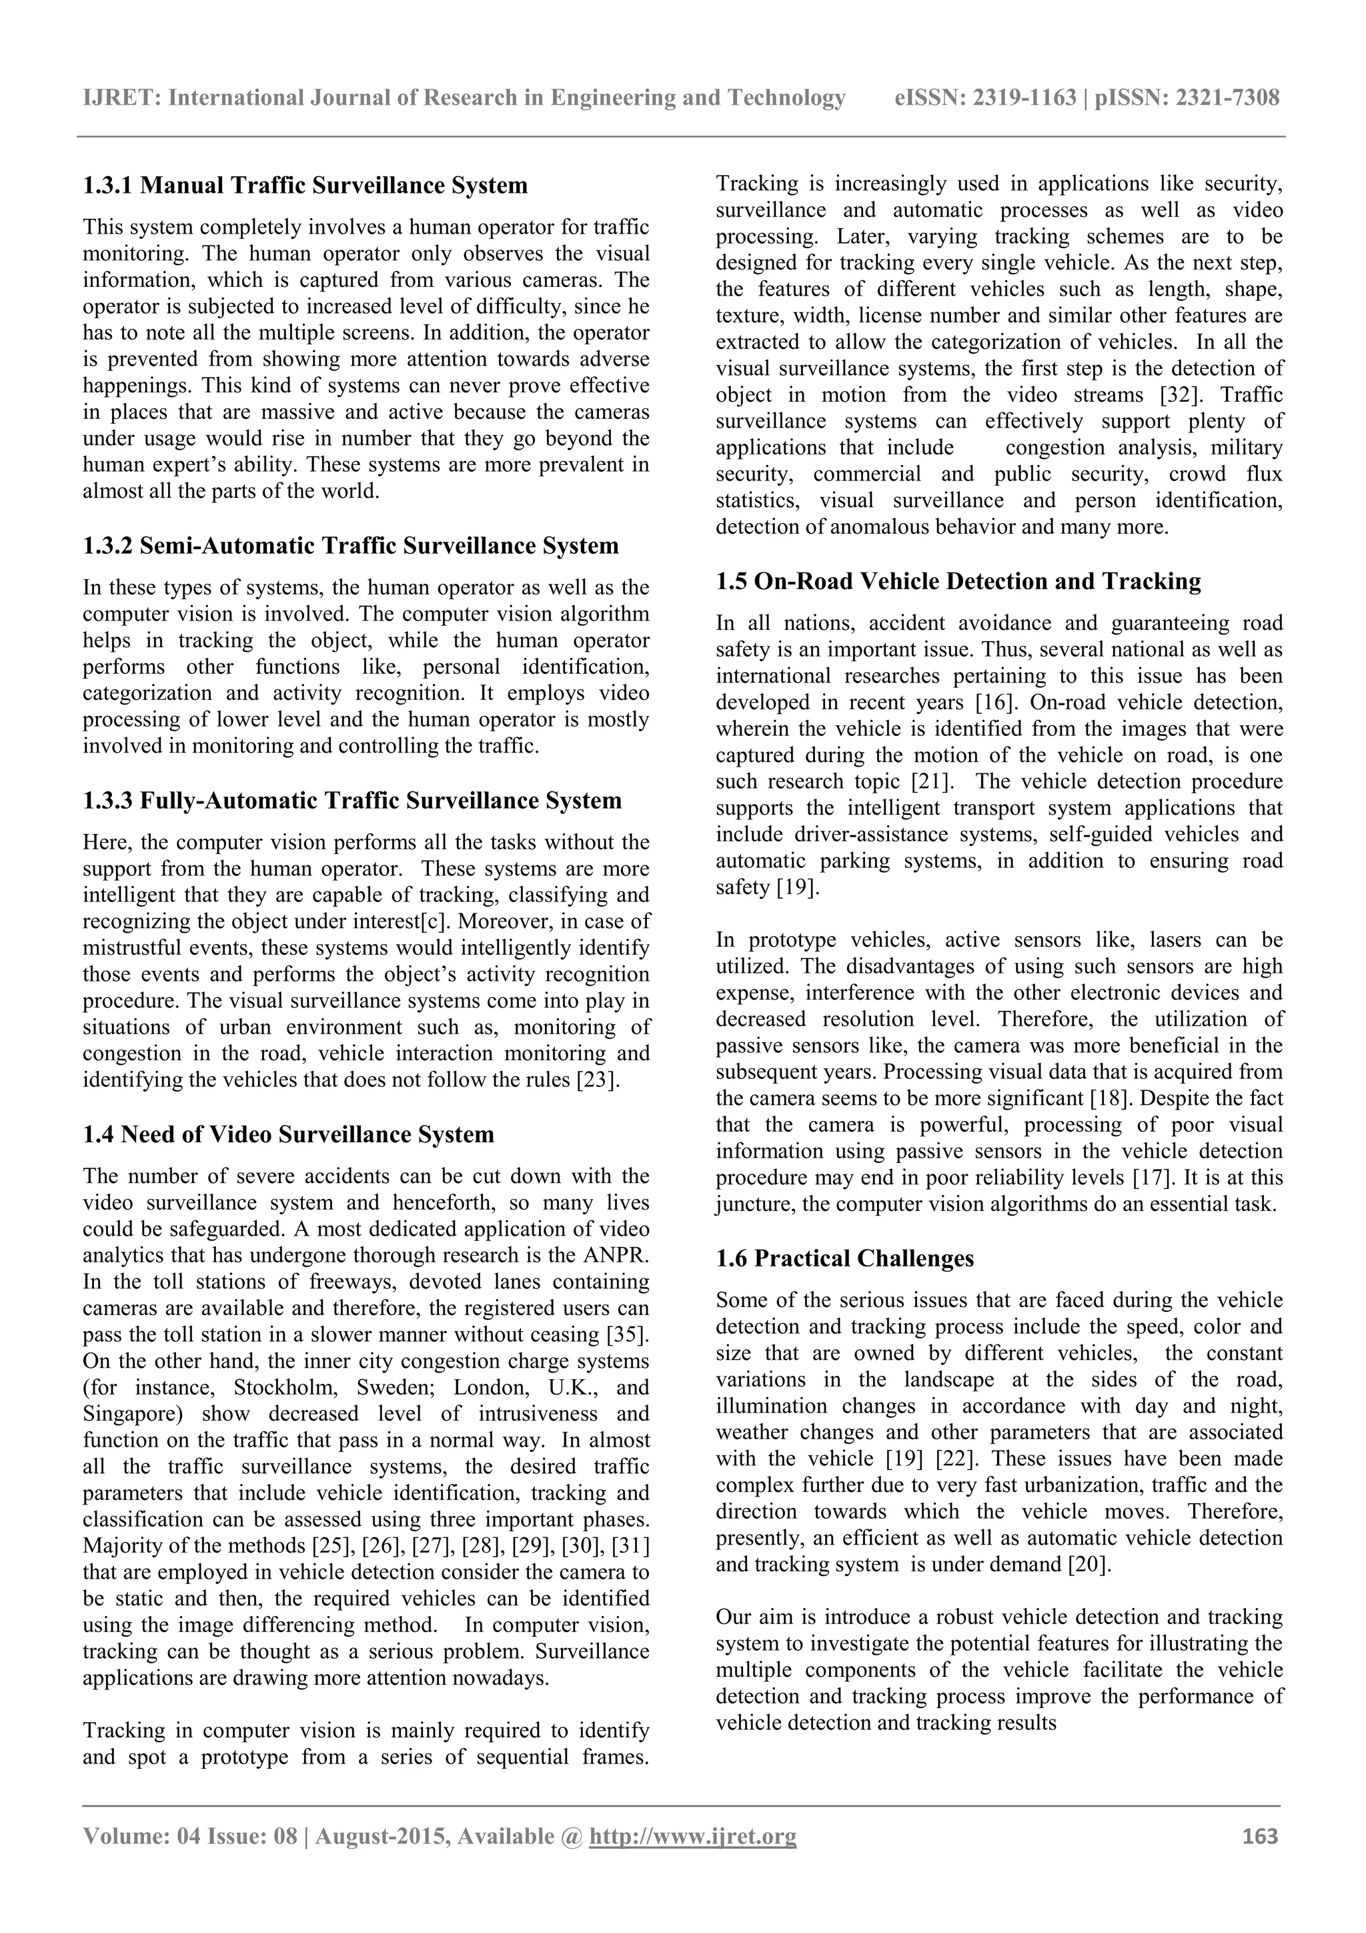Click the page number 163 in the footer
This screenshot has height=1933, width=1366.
(1260, 1836)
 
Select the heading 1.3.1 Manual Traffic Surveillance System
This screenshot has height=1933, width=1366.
(305, 185)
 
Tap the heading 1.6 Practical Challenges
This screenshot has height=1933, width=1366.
(844, 1258)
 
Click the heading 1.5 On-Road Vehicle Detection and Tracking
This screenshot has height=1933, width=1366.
(958, 582)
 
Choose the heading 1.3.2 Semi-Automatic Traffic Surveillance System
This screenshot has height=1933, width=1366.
(350, 546)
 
